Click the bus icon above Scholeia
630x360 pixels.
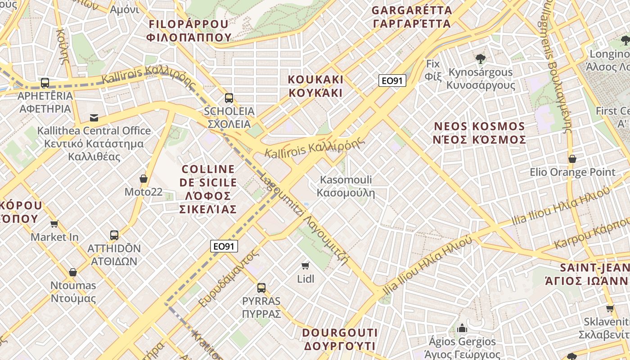pos(229,98)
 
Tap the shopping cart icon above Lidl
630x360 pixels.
pos(306,265)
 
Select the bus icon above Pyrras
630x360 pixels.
pos(261,288)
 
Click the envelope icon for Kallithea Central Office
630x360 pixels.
pos(94,117)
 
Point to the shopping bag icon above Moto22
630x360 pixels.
pos(144,179)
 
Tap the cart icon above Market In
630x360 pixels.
pos(54,224)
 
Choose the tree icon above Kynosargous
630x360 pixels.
pos(481,58)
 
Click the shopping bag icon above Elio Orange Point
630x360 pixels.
pos(572,159)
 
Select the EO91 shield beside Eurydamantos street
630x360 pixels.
pos(224,246)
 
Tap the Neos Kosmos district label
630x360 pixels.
pos(479,133)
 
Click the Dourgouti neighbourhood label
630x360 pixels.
pos(340,339)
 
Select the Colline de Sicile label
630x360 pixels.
pos(208,189)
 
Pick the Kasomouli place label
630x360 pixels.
pos(346,186)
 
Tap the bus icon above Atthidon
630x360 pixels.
pos(114,235)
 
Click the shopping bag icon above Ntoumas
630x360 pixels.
pos(73,272)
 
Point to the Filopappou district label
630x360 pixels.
pos(189,31)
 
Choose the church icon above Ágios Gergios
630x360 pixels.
pos(462,328)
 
